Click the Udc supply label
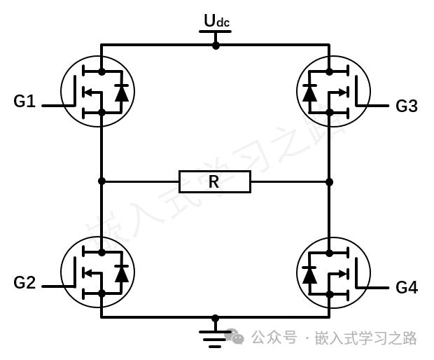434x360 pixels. click(216, 20)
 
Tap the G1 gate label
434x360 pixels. click(24, 101)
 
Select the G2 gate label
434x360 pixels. click(24, 283)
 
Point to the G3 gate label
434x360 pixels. click(406, 106)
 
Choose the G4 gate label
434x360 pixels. click(406, 287)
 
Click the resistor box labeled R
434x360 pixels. click(215, 181)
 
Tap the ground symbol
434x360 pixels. click(216, 339)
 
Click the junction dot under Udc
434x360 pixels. click(216, 46)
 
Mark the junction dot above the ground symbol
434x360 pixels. click(216, 318)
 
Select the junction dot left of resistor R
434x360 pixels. click(102, 181)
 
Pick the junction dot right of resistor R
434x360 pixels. click(330, 182)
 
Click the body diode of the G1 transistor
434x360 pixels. click(122, 92)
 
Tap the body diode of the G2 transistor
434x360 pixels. click(122, 273)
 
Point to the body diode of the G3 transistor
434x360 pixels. click(309, 92)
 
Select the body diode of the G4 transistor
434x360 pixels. click(309, 274)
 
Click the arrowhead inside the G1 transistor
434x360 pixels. click(88, 92)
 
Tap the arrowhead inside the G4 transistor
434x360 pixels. click(343, 274)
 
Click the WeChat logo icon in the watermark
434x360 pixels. click(234, 336)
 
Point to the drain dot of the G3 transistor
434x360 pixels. click(330, 72)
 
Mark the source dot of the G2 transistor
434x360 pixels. click(102, 293)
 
